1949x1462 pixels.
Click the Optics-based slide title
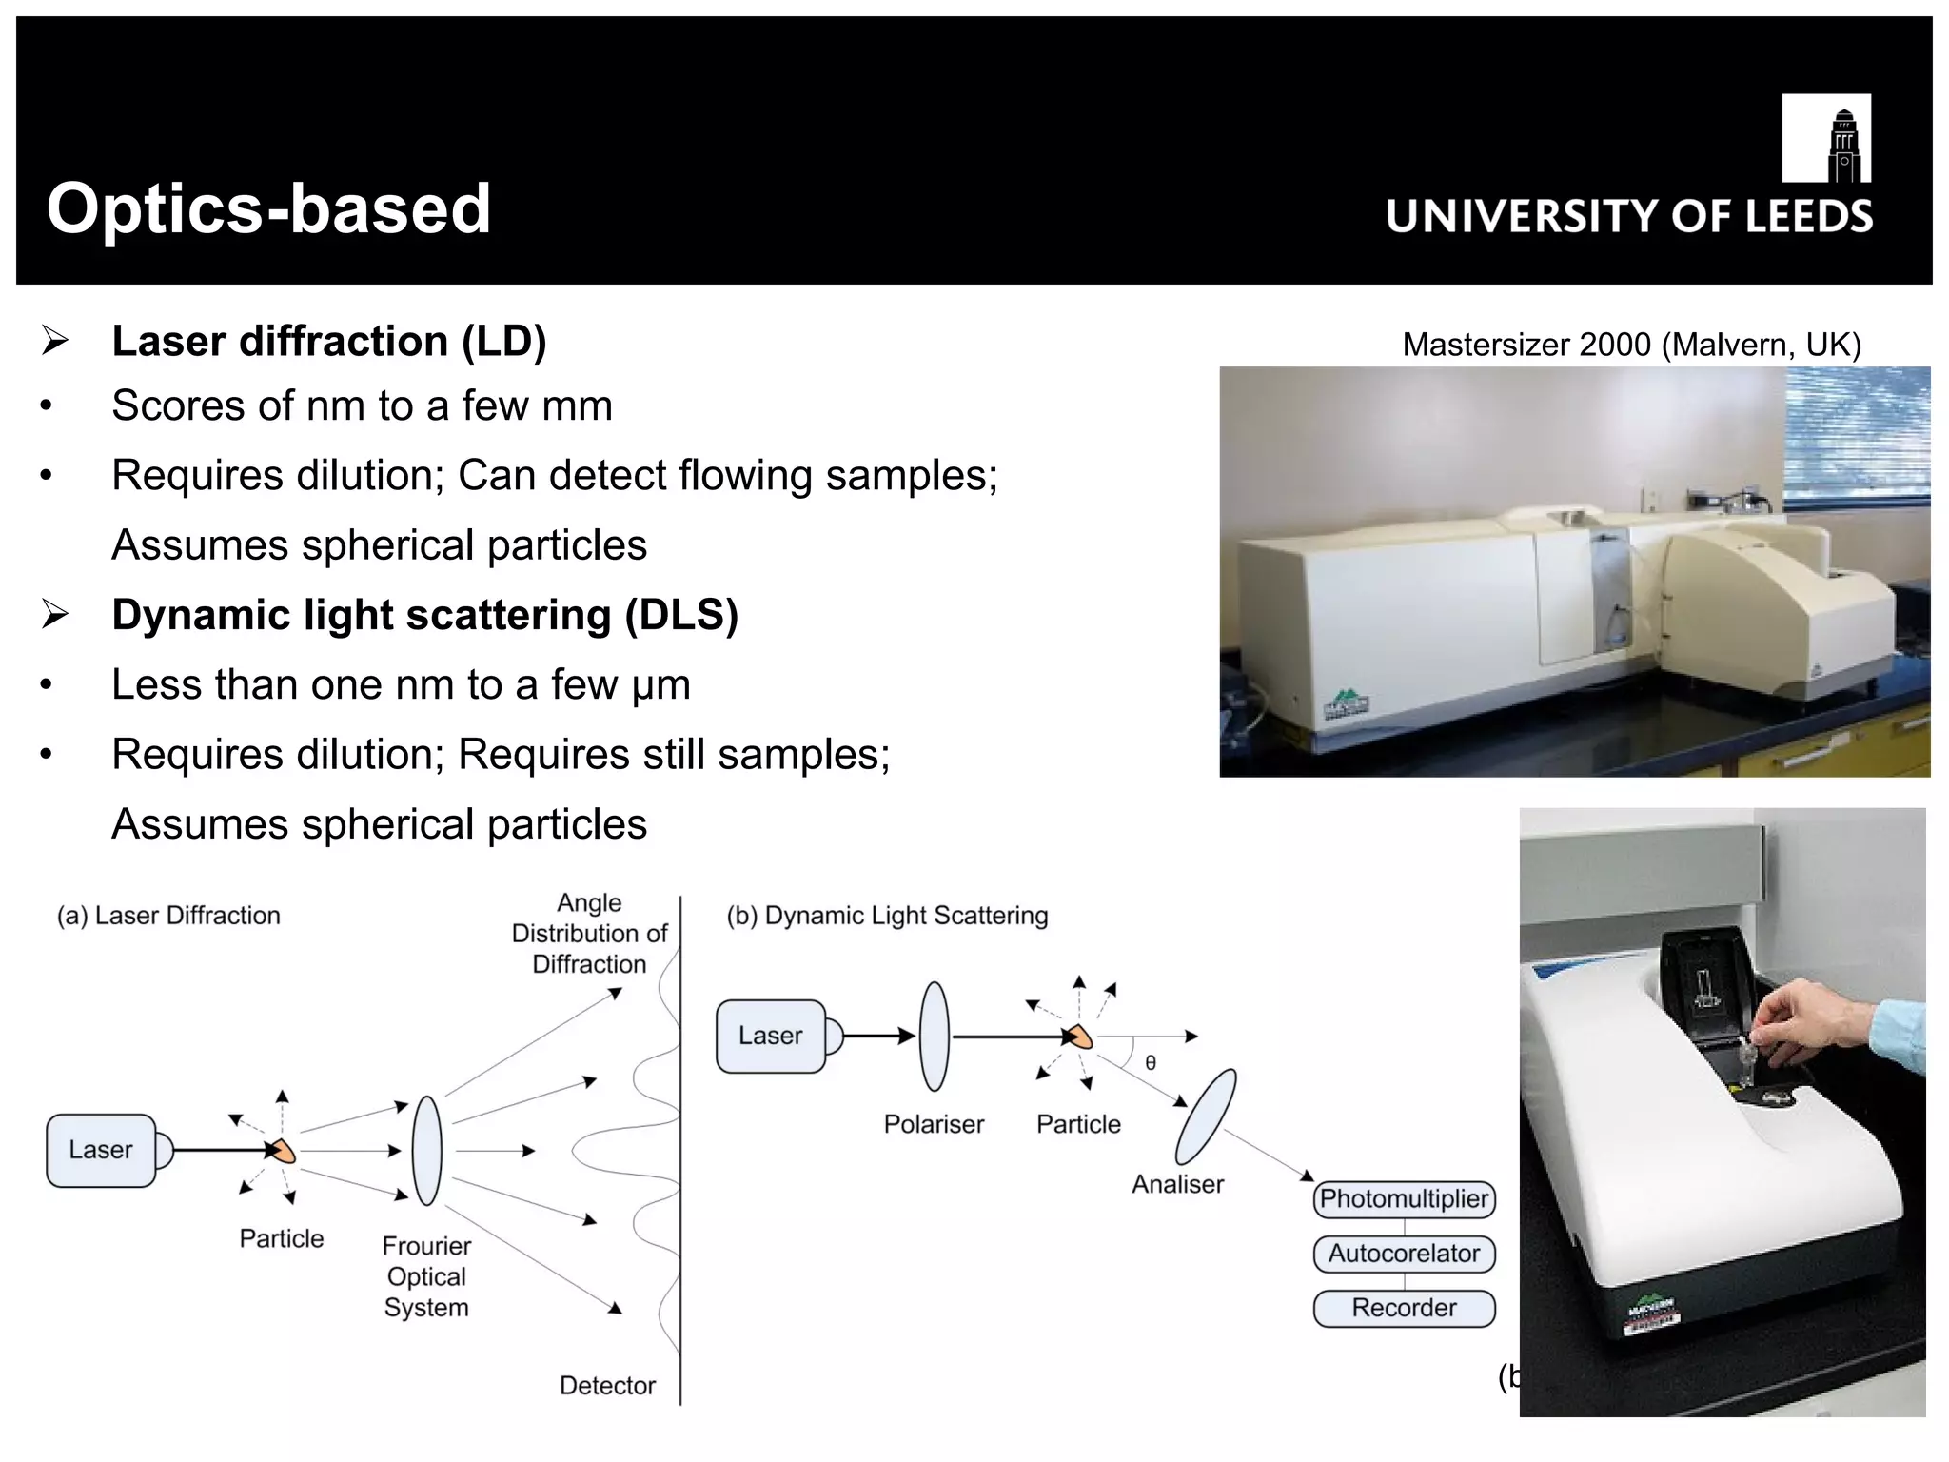point(268,208)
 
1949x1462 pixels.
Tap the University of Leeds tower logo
point(1825,138)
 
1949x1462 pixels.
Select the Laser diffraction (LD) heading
point(328,342)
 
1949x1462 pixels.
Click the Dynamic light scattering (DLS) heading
point(424,615)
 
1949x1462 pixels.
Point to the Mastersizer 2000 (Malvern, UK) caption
point(1631,345)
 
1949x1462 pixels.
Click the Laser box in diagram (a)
point(101,1150)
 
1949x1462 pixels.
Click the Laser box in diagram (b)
point(770,1036)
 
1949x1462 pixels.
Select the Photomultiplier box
point(1404,1198)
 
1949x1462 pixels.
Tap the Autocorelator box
point(1404,1254)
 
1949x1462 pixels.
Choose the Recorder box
point(1404,1308)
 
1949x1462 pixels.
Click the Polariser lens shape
point(935,1037)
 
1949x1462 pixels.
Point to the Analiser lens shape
point(1206,1116)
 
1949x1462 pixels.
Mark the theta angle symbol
point(1151,1063)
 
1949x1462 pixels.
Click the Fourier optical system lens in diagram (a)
point(427,1151)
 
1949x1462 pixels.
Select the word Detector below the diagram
point(607,1386)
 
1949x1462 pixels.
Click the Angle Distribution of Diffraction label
point(589,933)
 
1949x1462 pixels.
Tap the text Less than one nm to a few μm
point(401,685)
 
